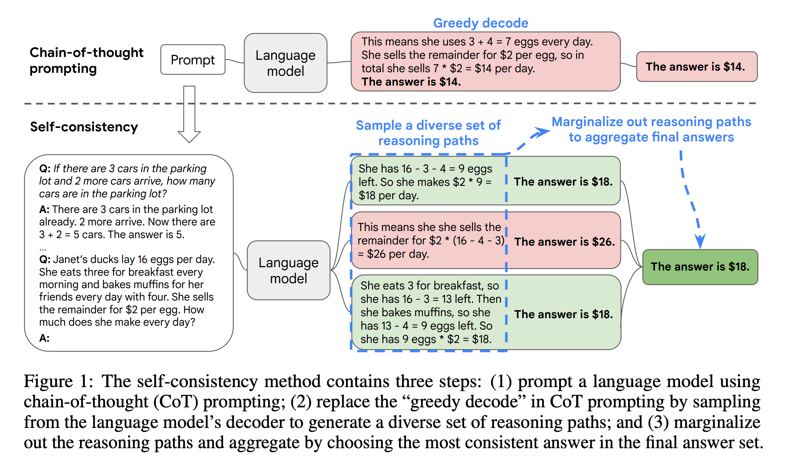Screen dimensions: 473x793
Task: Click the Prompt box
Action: [193, 60]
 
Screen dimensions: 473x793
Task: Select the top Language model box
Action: [285, 63]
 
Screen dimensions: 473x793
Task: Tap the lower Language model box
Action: [288, 270]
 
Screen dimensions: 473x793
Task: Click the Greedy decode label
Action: [480, 23]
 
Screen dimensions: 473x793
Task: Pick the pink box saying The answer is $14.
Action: [696, 67]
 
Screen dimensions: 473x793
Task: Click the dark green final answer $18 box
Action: [700, 267]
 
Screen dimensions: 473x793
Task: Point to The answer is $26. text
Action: [564, 242]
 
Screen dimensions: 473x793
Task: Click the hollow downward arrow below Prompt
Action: [189, 114]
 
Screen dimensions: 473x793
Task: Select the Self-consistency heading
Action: [84, 127]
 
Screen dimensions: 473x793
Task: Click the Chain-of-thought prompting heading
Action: [86, 60]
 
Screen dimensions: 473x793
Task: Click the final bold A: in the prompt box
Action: [44, 338]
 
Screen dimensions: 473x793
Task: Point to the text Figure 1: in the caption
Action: [58, 381]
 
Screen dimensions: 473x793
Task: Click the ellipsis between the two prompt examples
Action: [43, 249]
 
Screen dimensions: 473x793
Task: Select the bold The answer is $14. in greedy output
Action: [411, 82]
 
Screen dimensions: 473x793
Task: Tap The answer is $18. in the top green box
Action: [563, 182]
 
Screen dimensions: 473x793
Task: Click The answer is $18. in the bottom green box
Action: [564, 314]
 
